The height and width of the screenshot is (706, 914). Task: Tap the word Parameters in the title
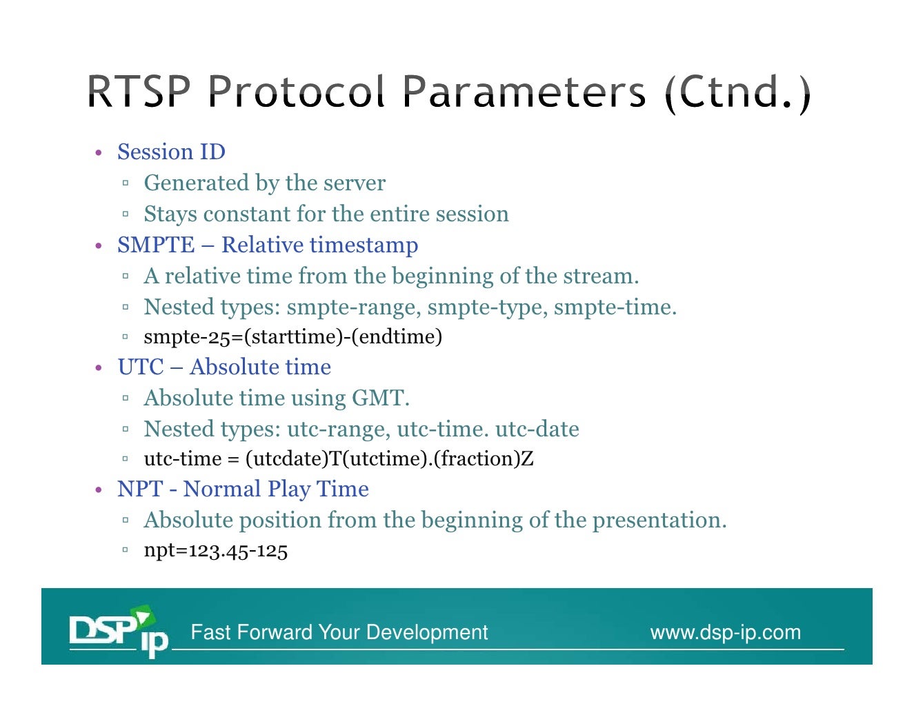tap(524, 91)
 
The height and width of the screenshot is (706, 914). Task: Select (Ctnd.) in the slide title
tap(737, 92)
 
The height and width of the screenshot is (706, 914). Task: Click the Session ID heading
tap(171, 152)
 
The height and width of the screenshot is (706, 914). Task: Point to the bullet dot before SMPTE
tap(99, 246)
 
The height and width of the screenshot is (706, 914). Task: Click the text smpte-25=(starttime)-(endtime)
tap(292, 337)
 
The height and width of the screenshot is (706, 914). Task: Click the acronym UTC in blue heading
tap(141, 367)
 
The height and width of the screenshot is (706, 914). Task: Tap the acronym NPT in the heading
tap(140, 490)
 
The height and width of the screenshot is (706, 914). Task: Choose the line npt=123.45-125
tap(215, 551)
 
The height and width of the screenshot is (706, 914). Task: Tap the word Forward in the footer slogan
tap(277, 632)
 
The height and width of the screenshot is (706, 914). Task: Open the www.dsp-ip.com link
tap(725, 632)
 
